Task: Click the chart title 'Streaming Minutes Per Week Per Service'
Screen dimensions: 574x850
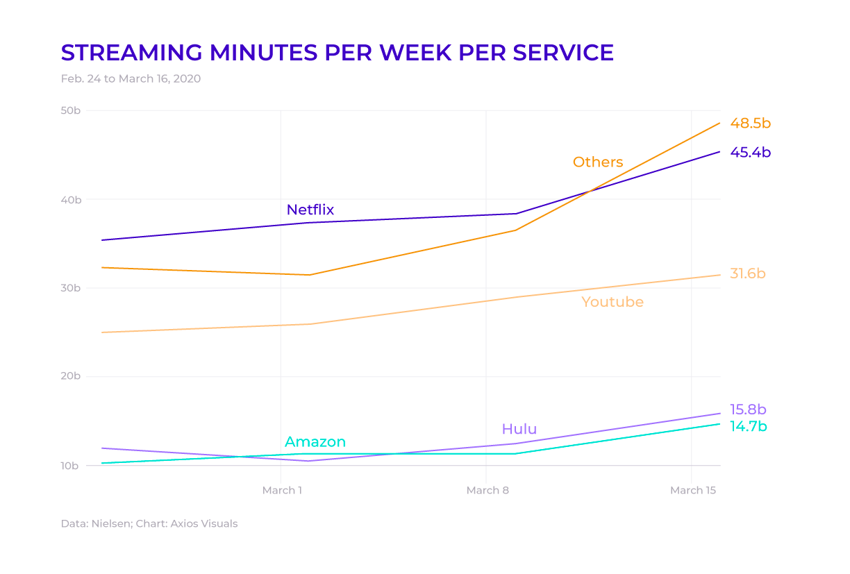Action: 337,53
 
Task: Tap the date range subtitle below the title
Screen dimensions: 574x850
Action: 131,79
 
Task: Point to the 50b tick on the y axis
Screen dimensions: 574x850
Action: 72,111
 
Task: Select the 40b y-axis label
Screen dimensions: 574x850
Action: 72,200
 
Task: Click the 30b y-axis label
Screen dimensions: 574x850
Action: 72,288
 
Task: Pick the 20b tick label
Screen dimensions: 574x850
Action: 72,376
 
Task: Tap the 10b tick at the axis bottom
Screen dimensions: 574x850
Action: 72,465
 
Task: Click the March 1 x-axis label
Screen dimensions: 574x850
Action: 282,491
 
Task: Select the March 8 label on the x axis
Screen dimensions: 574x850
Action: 487,491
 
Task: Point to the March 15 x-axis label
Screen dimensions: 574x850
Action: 692,491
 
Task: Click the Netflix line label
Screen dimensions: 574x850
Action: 310,210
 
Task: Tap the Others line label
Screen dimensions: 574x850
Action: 597,162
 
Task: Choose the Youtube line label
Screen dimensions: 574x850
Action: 612,303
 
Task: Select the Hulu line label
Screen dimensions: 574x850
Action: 519,429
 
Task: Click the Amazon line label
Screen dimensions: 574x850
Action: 315,442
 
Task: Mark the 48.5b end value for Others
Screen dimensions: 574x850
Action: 750,124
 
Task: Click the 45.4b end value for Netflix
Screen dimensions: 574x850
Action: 750,153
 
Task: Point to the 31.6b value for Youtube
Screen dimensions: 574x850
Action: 747,274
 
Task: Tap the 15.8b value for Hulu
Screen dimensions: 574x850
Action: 748,410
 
